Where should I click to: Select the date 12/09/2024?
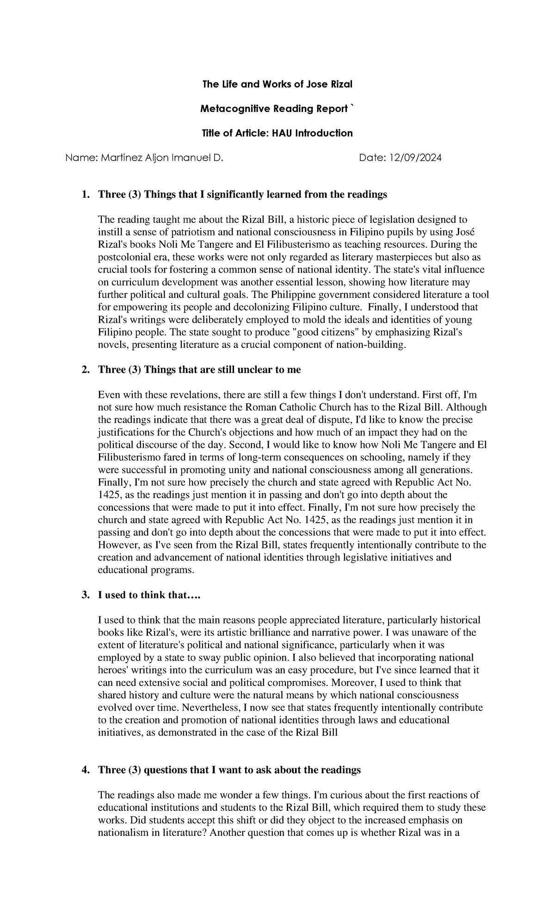tap(415, 158)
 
